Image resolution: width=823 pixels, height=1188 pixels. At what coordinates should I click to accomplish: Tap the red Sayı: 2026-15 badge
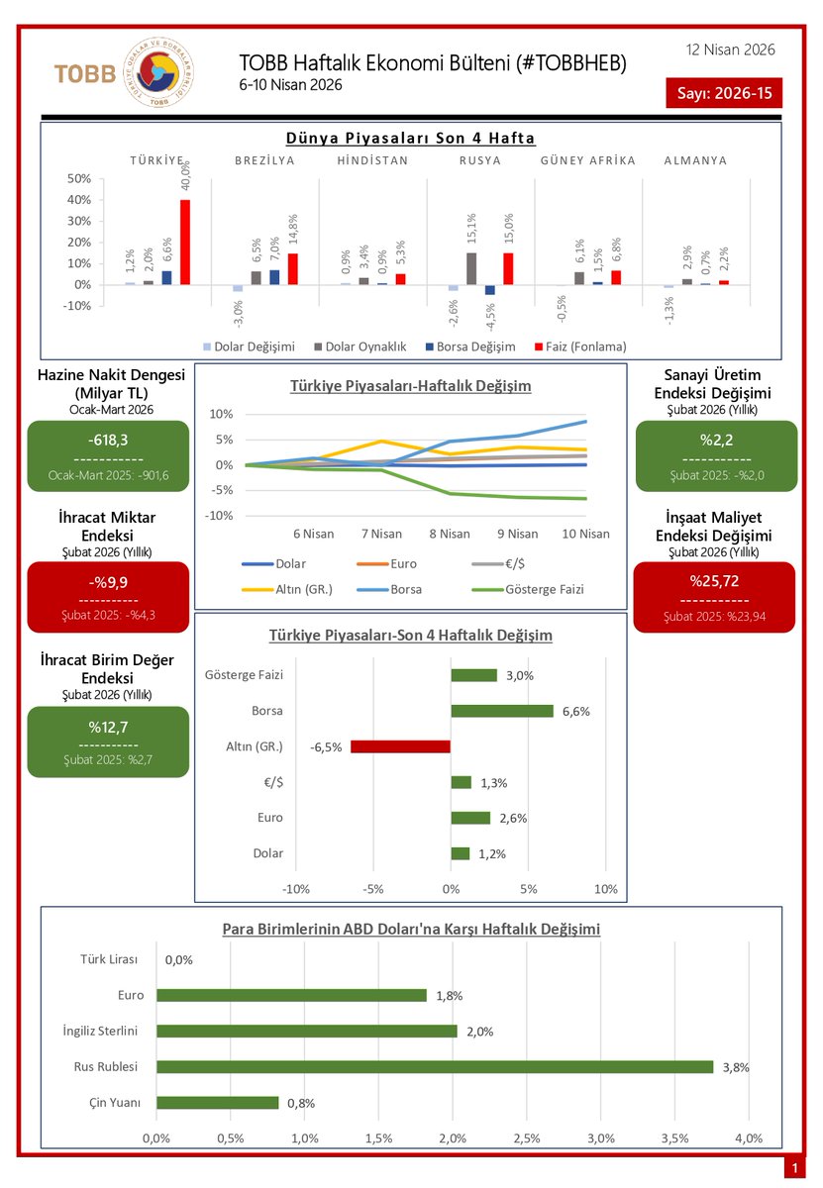pyautogui.click(x=723, y=93)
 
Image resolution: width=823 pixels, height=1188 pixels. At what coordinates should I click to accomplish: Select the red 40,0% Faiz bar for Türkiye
pyautogui.click(x=185, y=243)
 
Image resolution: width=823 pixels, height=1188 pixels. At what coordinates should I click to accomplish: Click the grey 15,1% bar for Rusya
pyautogui.click(x=471, y=268)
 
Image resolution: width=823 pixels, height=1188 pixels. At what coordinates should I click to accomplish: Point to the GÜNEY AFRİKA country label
pyautogui.click(x=588, y=160)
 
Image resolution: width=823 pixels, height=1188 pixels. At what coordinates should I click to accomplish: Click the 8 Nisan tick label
pyautogui.click(x=450, y=534)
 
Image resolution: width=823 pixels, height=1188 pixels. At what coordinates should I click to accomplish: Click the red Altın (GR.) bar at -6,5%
pyautogui.click(x=400, y=746)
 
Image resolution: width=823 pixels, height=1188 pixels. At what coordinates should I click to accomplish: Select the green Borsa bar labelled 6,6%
pyautogui.click(x=502, y=711)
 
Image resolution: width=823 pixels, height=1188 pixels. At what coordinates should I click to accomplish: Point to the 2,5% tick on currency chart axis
pyautogui.click(x=526, y=1138)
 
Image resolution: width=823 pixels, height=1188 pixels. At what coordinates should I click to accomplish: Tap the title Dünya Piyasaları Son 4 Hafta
pyautogui.click(x=410, y=139)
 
